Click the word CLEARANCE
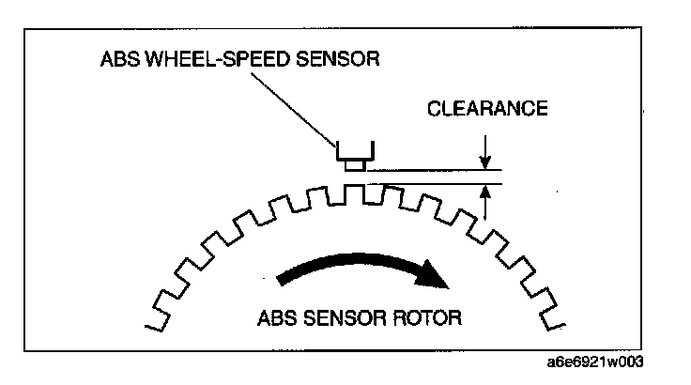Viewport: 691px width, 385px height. (x=487, y=109)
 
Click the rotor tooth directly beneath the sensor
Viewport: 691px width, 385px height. (x=354, y=192)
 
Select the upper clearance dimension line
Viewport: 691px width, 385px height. (x=432, y=170)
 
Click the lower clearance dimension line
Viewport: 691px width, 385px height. (x=432, y=184)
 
